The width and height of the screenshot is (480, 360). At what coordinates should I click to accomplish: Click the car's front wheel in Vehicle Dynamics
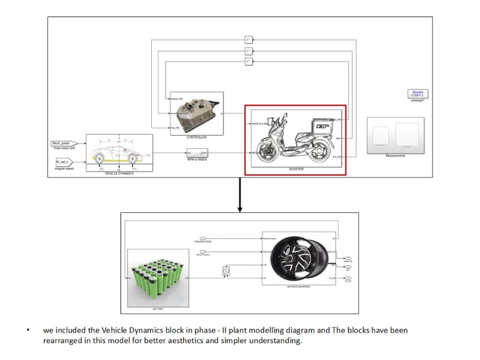tap(132, 160)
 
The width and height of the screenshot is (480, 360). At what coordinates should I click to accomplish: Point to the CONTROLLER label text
tap(197, 137)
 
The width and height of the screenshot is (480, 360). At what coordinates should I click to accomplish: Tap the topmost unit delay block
tap(248, 40)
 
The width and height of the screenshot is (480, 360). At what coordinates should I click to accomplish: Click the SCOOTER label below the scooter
tap(296, 169)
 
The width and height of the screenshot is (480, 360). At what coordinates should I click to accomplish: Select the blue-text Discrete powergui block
tap(418, 94)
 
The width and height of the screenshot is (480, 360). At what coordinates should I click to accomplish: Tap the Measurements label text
tap(395, 155)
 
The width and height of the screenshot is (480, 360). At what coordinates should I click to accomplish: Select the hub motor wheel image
tap(298, 258)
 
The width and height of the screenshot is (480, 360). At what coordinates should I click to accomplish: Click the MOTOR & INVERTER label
tap(298, 287)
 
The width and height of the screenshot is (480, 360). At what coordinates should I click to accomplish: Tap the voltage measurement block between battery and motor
tap(226, 271)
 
